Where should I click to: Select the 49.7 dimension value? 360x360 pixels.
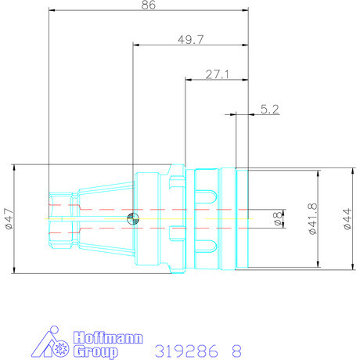191,38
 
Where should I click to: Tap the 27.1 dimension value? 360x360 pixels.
216,74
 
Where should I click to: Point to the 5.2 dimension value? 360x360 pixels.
270,110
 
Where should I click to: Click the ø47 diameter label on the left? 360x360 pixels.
9,218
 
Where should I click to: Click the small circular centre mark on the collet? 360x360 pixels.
134,219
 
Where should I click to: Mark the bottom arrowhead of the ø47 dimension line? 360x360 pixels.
15,268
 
